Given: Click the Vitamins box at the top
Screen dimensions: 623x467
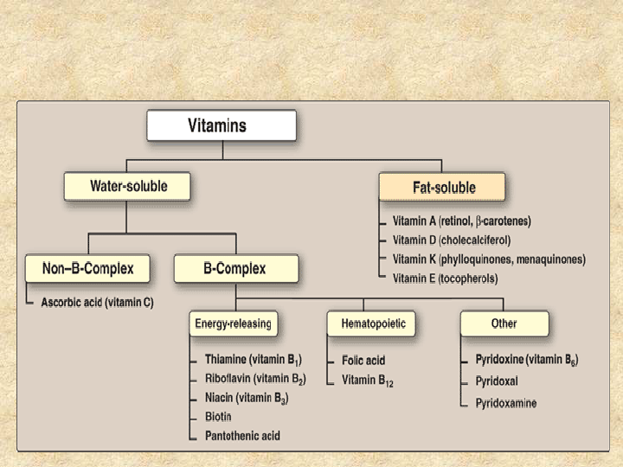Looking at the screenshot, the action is pyautogui.click(x=222, y=125).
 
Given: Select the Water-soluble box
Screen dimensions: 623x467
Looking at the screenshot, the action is pyautogui.click(x=127, y=186).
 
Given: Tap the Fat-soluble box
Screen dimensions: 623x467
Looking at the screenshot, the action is pyautogui.click(x=442, y=187).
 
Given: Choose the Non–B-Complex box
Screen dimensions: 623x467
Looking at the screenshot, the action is pyautogui.click(x=87, y=268).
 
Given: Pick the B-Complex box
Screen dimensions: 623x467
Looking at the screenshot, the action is pyautogui.click(x=236, y=268).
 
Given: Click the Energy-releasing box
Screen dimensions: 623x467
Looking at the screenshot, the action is pyautogui.click(x=234, y=323).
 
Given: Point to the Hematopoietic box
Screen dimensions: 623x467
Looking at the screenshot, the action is pyautogui.click(x=371, y=323).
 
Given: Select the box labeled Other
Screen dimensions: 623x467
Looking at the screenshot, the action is pyautogui.click(x=504, y=323).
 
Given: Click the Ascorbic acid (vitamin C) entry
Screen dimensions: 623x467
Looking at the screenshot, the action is pyautogui.click(x=97, y=303).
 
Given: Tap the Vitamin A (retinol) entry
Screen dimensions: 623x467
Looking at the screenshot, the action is pyautogui.click(x=462, y=221).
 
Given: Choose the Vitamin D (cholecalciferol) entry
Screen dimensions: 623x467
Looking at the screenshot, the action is pyautogui.click(x=452, y=240).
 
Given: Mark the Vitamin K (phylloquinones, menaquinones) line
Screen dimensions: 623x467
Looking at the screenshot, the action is pyautogui.click(x=489, y=259).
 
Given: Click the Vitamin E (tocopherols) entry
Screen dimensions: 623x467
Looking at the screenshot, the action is pyautogui.click(x=445, y=278).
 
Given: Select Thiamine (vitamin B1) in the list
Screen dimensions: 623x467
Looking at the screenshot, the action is pyautogui.click(x=254, y=360).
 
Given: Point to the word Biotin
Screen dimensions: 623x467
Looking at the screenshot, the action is pyautogui.click(x=218, y=417).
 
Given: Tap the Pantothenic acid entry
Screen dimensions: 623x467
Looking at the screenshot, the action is pyautogui.click(x=242, y=436).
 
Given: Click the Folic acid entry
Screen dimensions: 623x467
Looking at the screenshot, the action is pyautogui.click(x=363, y=360).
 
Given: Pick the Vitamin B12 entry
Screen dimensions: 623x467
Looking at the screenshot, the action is pyautogui.click(x=368, y=381).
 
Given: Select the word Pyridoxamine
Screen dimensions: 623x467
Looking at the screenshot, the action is pyautogui.click(x=506, y=404).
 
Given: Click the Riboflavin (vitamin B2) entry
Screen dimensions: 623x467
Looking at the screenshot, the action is pyautogui.click(x=255, y=379).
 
